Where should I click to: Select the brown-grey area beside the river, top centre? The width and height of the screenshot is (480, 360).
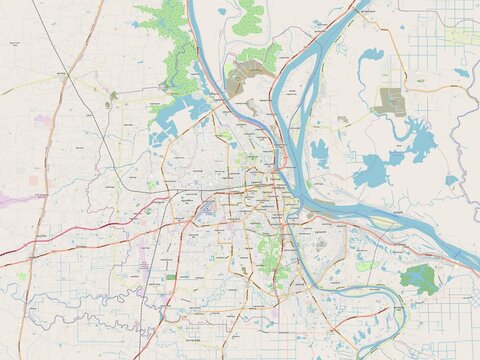[x=241, y=80]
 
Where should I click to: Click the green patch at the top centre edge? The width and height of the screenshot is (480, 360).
[x=248, y=14]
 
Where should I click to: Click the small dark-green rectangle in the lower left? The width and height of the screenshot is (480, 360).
[x=171, y=277]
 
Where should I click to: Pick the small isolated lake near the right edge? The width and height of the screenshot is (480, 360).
[x=462, y=72]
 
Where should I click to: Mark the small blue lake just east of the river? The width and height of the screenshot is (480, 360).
[x=319, y=153]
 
